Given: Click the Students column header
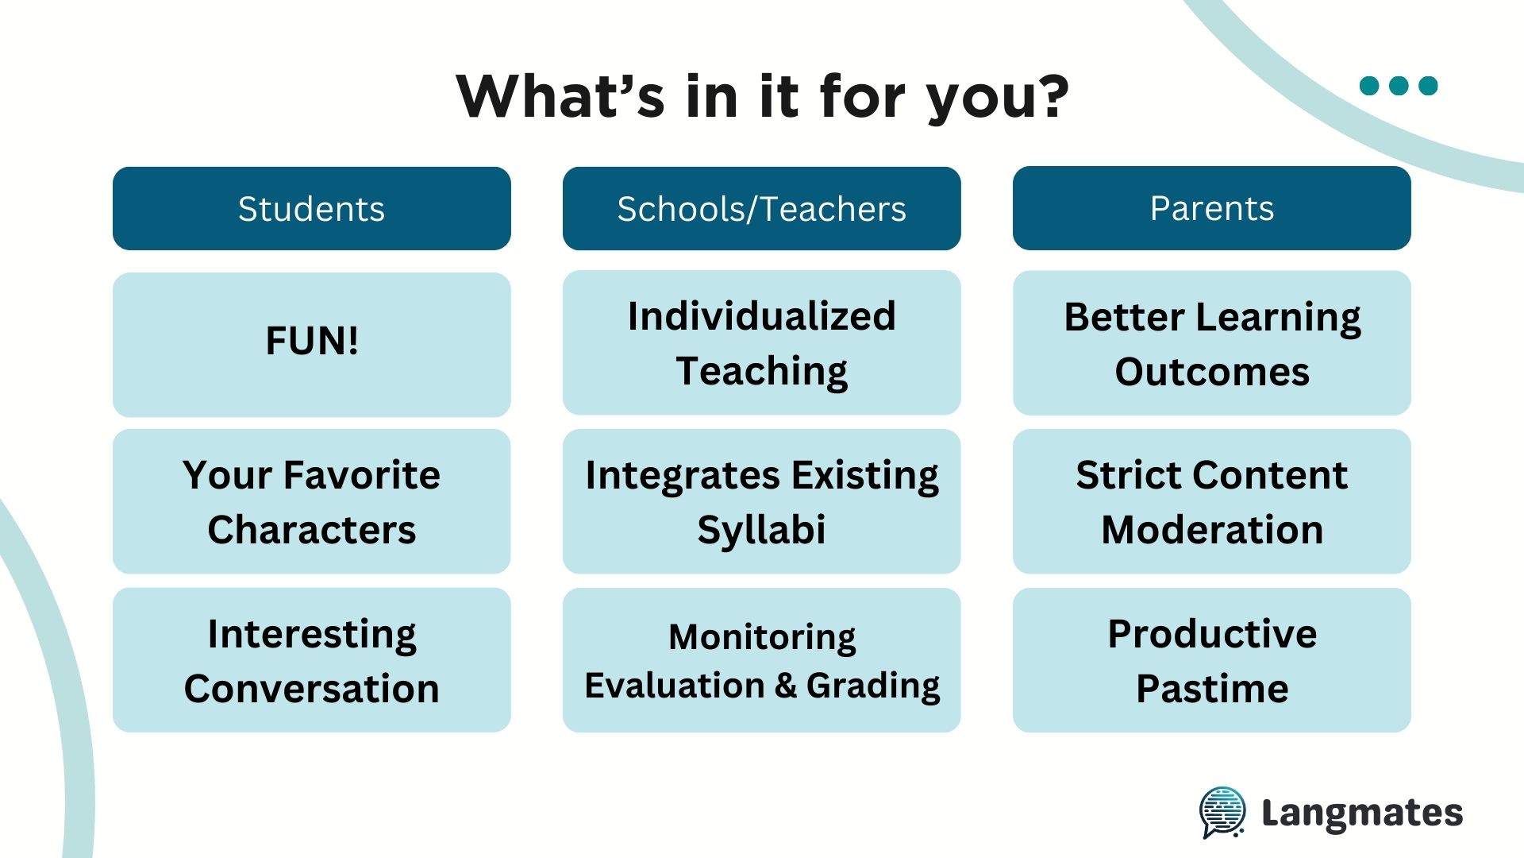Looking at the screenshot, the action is tap(311, 208).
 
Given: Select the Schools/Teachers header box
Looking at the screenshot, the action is tap(761, 208).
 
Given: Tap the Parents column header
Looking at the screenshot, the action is tap(1211, 208).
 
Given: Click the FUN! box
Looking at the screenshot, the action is tap(311, 344).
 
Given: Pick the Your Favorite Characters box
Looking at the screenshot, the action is tap(311, 501).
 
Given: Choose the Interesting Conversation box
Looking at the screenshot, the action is tap(311, 659).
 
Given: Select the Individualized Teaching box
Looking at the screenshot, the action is tap(761, 342).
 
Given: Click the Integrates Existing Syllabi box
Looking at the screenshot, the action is tap(761, 501).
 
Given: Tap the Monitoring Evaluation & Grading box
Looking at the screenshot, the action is tap(761, 659).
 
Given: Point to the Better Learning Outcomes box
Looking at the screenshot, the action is tap(1211, 342).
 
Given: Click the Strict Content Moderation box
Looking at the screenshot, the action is tap(1211, 501).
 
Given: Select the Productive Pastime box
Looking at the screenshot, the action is tap(1211, 659).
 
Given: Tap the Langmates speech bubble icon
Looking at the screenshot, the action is tap(1222, 812).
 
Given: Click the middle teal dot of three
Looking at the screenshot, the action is tap(1399, 85).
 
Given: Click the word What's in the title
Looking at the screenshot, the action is tap(560, 96).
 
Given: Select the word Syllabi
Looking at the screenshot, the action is tap(761, 531).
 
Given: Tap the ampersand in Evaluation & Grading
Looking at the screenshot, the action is tap(786, 686).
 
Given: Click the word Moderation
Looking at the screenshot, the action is tap(1212, 529).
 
